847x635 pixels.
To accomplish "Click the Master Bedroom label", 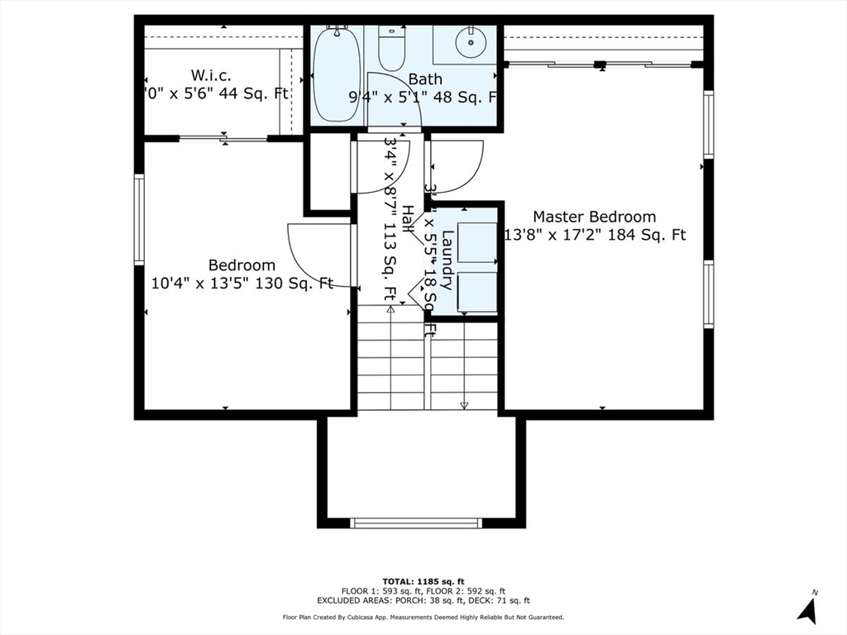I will [x=594, y=217].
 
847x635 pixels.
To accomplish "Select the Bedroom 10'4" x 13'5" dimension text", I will [x=242, y=284].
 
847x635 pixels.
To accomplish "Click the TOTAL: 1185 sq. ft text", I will [x=423, y=580].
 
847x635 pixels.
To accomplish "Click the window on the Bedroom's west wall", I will [x=139, y=219].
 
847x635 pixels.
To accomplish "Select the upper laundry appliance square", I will [x=477, y=241].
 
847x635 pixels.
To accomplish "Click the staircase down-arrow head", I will [x=464, y=405].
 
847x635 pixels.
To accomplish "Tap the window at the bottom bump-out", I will [x=416, y=523].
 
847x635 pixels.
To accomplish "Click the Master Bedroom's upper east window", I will [x=708, y=124].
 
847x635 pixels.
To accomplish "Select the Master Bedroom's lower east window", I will [x=708, y=294].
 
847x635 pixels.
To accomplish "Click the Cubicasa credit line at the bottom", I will [x=423, y=618].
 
